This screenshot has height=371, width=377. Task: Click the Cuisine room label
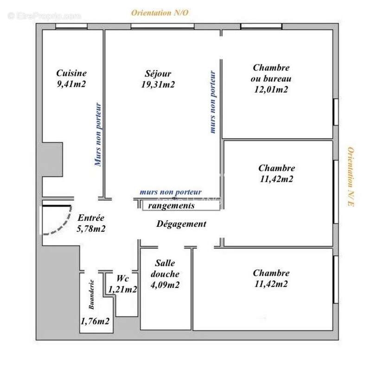click(71, 73)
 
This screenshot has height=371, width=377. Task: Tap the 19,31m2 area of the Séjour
click(158, 84)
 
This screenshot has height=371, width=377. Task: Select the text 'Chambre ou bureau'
click(271, 73)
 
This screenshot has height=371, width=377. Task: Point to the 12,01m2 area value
click(271, 90)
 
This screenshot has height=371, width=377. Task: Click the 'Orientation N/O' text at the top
click(160, 13)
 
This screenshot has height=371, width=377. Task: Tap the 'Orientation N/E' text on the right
click(351, 177)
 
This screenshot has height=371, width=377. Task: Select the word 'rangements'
click(171, 206)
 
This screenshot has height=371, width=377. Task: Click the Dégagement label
click(181, 224)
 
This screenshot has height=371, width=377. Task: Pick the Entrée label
click(91, 217)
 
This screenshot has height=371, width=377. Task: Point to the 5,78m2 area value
click(91, 229)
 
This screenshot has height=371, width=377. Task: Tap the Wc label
click(122, 278)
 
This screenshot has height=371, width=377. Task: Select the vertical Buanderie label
click(91, 294)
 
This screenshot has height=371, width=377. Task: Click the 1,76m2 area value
click(95, 321)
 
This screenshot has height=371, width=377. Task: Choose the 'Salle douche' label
click(165, 269)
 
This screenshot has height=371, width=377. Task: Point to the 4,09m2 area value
click(165, 285)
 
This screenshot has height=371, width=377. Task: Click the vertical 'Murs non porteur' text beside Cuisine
click(98, 134)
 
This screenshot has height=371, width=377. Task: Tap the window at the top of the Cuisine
click(71, 26)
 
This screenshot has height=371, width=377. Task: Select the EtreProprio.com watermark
click(44, 16)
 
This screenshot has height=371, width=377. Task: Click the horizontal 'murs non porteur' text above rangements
click(171, 192)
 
